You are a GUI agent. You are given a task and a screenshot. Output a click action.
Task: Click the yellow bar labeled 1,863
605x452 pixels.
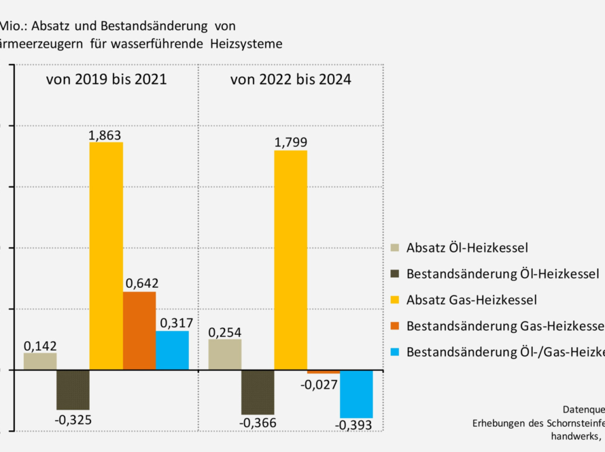(x=106, y=256)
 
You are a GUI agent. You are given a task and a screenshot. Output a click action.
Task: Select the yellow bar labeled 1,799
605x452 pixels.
(x=290, y=260)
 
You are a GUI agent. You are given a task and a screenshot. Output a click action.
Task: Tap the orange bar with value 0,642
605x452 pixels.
(x=139, y=331)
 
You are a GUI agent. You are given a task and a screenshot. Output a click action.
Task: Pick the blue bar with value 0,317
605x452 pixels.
(x=172, y=351)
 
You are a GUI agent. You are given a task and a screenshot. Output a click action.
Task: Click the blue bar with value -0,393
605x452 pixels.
(x=357, y=393)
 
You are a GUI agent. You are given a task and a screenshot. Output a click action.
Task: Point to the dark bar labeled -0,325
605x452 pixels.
(x=73, y=390)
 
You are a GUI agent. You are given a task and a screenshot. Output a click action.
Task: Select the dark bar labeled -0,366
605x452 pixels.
(x=258, y=392)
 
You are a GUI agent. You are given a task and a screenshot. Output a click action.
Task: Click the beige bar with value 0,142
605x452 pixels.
(x=40, y=361)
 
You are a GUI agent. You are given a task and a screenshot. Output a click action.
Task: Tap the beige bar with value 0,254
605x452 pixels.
(x=225, y=355)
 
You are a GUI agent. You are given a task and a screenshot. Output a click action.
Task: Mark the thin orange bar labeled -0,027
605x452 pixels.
(x=324, y=372)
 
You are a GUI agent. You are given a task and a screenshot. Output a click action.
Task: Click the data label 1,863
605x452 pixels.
(x=105, y=135)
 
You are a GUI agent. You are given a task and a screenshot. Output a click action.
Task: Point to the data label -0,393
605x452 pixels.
(x=353, y=425)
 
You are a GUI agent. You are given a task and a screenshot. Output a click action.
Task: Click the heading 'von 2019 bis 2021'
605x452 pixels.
(x=107, y=80)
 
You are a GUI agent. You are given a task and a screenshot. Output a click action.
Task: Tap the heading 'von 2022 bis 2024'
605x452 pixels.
(x=291, y=80)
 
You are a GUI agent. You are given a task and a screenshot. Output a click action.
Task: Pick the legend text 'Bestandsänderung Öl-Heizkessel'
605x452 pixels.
(x=502, y=274)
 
